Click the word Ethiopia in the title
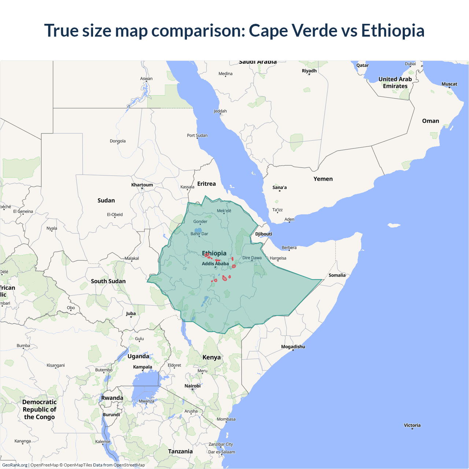point(392,30)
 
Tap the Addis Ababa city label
point(215,263)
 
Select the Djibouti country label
point(263,234)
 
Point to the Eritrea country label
point(206,184)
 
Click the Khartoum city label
point(142,185)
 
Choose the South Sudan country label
point(108,281)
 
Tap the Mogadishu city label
point(293,347)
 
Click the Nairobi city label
point(192,386)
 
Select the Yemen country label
point(323,179)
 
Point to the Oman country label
point(430,121)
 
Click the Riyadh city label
point(309,71)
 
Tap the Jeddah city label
point(220,111)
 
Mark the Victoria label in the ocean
point(412,425)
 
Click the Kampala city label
point(143,367)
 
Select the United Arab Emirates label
point(395,82)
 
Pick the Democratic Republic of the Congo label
point(39,409)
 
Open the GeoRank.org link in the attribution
point(15,465)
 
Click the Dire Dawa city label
point(252,258)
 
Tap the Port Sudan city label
point(197,135)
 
